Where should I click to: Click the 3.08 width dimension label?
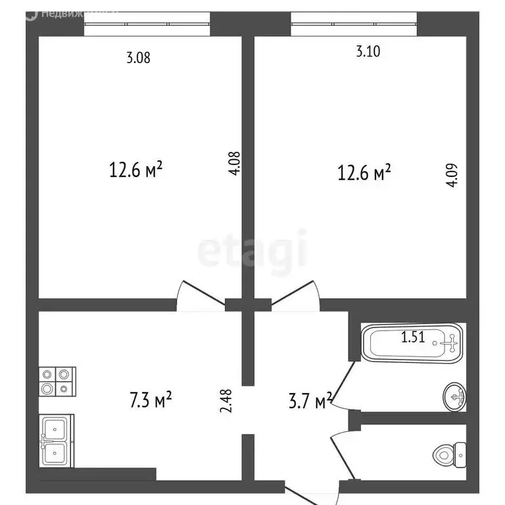(138, 58)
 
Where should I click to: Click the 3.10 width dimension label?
(368, 53)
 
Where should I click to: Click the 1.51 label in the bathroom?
(414, 338)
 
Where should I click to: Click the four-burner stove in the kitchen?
(57, 381)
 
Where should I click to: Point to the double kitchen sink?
(57, 441)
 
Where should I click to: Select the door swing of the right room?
(297, 295)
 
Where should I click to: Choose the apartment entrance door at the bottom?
(313, 490)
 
